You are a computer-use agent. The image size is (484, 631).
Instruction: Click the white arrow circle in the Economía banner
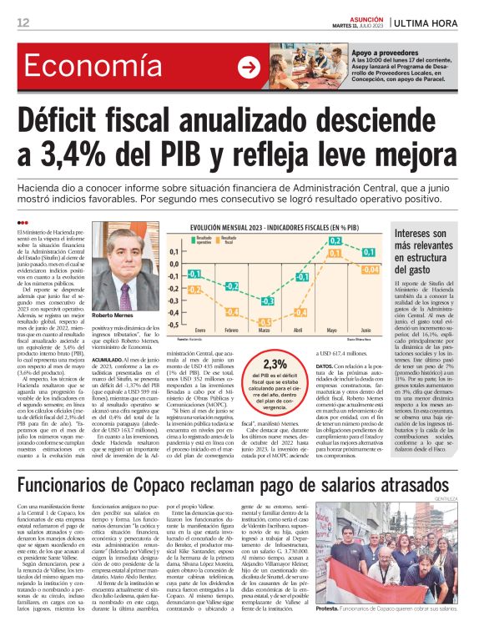click(248, 68)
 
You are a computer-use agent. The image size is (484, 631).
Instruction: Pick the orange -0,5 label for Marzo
click(265, 322)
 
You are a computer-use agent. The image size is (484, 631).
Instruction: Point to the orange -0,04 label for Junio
click(371, 270)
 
